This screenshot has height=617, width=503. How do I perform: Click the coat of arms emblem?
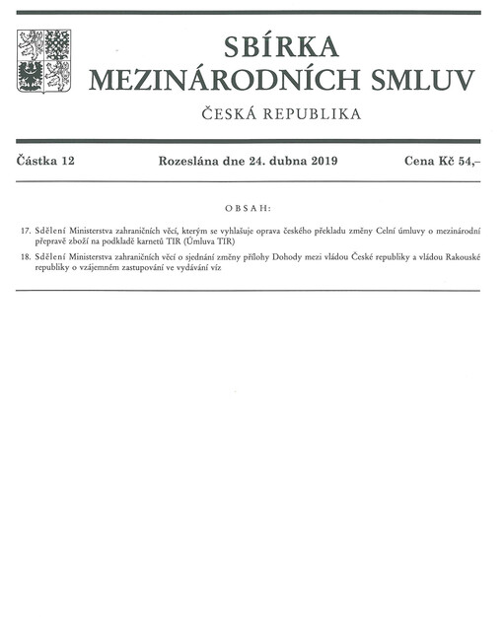point(43,61)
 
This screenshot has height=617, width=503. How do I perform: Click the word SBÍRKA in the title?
point(281,45)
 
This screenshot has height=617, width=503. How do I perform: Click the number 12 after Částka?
point(68,160)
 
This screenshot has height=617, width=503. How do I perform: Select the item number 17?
point(25,230)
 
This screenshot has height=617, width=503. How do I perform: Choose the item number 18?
point(25,256)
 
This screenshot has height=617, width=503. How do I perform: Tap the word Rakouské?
point(459,256)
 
